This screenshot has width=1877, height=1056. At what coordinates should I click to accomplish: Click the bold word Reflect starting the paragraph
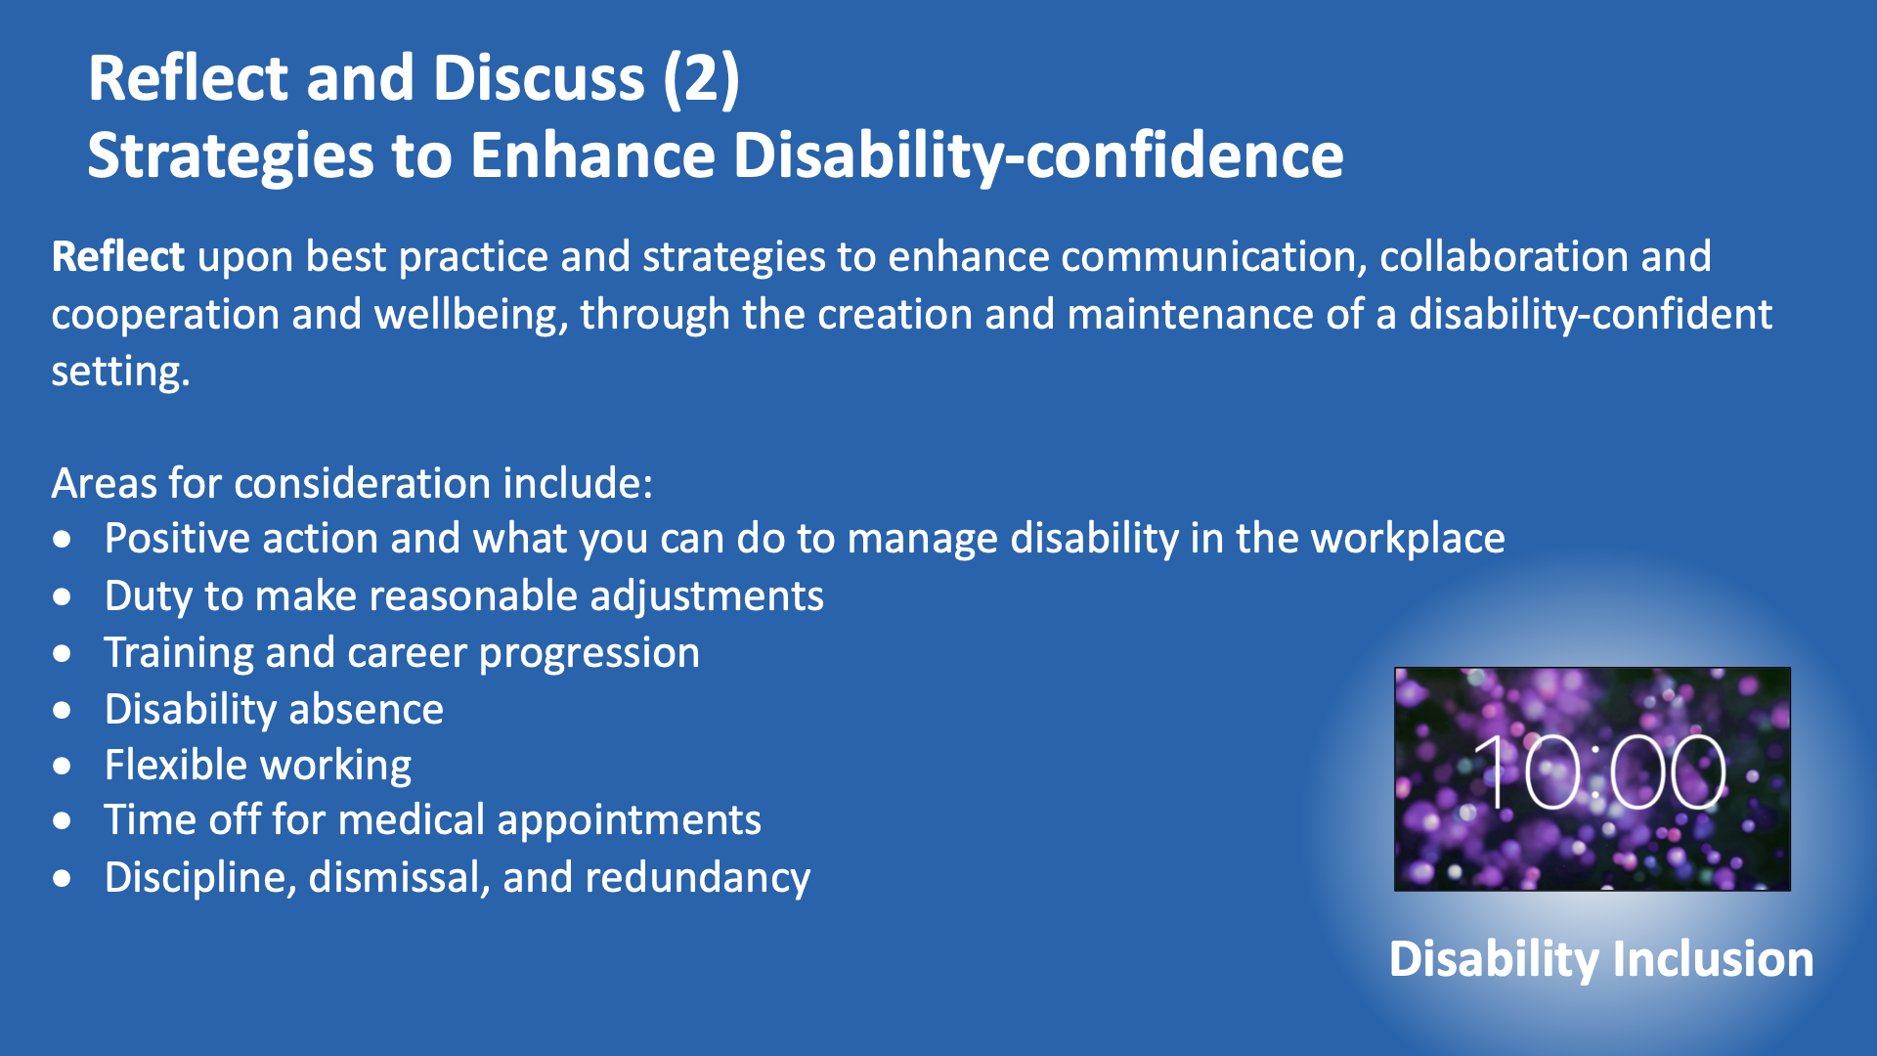[117, 256]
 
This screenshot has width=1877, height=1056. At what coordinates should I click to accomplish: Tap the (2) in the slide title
[701, 78]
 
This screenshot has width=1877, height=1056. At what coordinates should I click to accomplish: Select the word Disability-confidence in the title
[1038, 156]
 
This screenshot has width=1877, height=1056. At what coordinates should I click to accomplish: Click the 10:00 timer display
[1600, 772]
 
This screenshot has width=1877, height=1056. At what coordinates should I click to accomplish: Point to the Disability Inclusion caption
[1601, 958]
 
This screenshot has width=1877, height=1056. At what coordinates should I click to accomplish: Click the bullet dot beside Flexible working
[63, 766]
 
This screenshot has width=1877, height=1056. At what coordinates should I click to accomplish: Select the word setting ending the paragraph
[120, 372]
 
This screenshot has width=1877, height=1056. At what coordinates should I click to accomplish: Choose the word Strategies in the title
[231, 156]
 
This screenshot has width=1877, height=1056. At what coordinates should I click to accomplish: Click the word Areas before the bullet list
[105, 483]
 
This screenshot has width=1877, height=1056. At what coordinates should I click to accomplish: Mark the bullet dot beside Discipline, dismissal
[63, 879]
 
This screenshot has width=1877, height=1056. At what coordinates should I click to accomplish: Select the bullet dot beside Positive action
[63, 539]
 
